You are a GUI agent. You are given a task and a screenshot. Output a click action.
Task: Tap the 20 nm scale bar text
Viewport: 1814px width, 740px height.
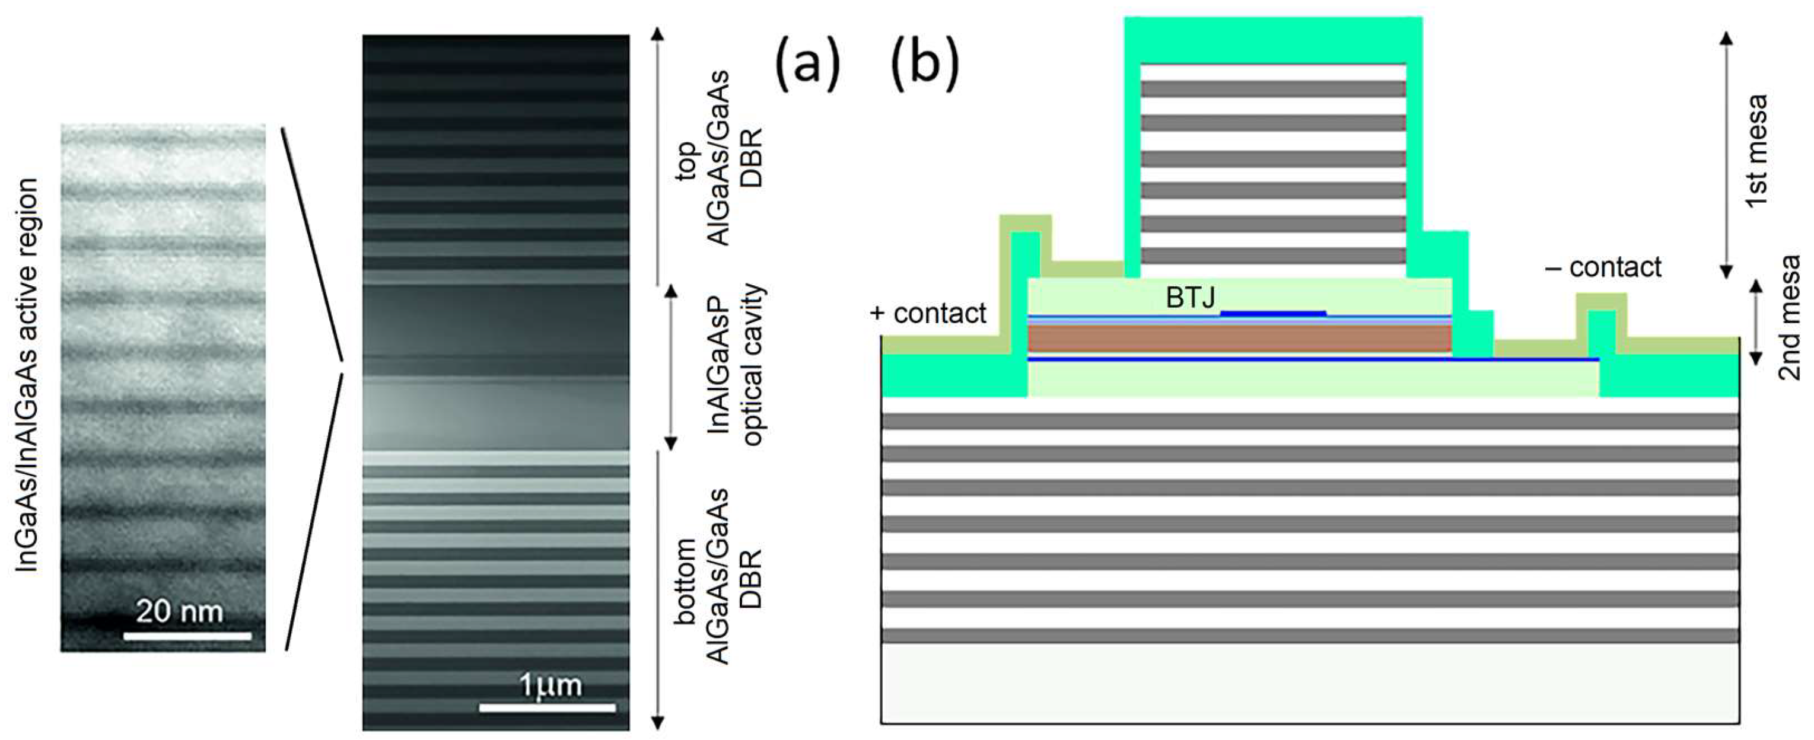(x=179, y=611)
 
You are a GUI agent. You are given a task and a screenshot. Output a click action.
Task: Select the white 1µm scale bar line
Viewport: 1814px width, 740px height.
(x=547, y=707)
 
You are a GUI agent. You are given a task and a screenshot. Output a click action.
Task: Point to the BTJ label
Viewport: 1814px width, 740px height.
(x=1190, y=298)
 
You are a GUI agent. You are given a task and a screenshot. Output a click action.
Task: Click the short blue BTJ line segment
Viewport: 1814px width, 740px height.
(x=1273, y=313)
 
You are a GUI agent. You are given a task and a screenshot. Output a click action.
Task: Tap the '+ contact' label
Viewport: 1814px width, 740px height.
(x=928, y=313)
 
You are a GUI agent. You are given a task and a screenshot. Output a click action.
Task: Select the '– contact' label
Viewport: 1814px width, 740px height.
(x=1603, y=267)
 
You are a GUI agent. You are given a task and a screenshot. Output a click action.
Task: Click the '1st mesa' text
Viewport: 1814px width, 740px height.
(x=1756, y=150)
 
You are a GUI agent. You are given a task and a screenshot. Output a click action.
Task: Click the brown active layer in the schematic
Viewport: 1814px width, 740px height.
(x=1239, y=338)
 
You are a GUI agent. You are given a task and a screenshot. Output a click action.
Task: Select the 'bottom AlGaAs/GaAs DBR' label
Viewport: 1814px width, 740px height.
(x=717, y=576)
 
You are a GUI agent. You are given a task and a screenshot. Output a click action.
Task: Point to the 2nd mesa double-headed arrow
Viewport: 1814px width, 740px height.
(x=1755, y=323)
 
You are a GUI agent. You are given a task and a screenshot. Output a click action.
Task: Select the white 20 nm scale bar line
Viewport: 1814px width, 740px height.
(x=187, y=636)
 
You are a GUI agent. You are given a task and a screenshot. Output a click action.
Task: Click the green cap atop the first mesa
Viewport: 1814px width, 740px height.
(x=1272, y=41)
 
